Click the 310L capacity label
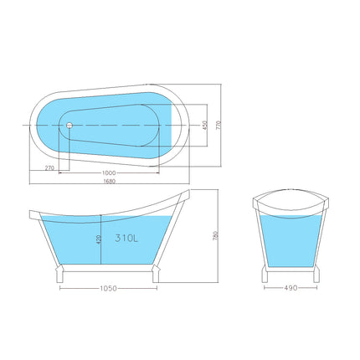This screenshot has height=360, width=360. tap(125, 237)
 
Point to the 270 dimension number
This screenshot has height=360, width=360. tap(49, 169)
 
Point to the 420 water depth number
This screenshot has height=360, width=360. tap(99, 238)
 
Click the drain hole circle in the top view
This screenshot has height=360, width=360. tap(69, 125)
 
